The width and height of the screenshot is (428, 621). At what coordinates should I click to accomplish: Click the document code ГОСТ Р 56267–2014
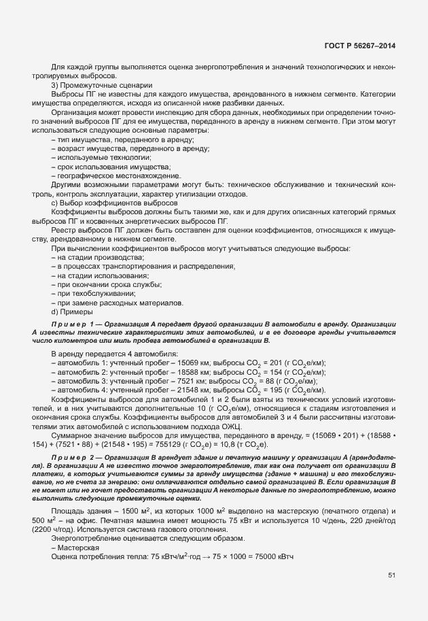[x=360, y=46]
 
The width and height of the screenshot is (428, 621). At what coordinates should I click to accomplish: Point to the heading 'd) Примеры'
[x=75, y=312]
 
